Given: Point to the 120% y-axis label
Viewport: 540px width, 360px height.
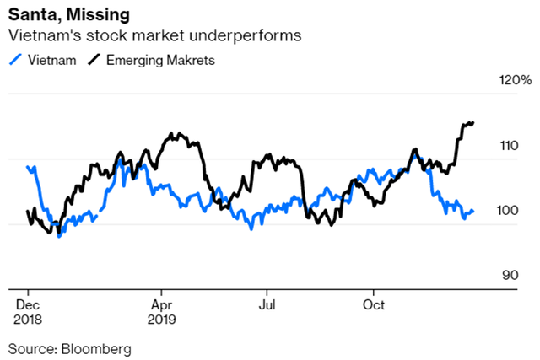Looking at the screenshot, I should coord(515,81).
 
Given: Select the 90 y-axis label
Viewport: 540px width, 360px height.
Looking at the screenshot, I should coord(508,276).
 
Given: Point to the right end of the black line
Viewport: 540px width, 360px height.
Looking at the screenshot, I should coord(473,122).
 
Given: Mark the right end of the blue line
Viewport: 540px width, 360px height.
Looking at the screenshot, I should coord(473,211).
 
